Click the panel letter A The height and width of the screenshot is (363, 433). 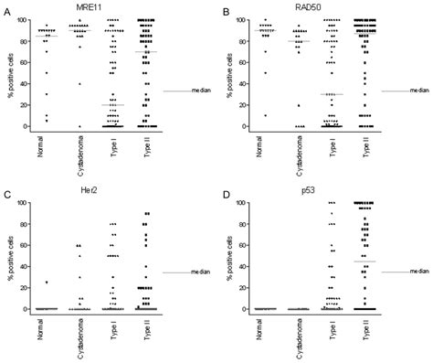6,11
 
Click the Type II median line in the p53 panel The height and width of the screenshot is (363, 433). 364,262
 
